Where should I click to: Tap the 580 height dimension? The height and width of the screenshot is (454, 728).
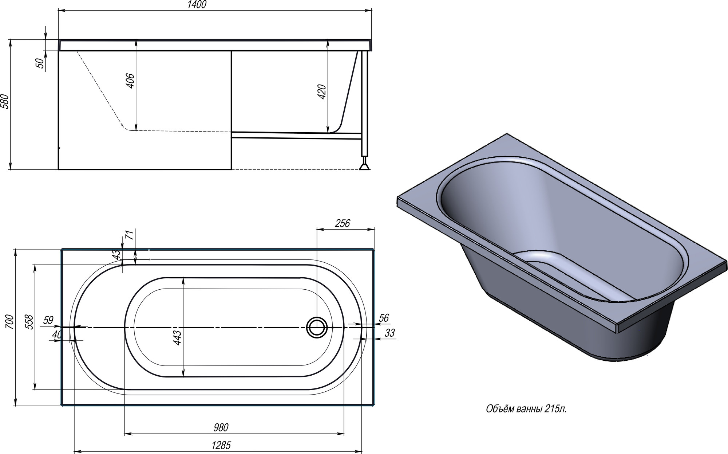5,102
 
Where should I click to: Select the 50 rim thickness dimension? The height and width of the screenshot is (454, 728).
41,63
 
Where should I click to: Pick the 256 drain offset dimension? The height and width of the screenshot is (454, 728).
342,223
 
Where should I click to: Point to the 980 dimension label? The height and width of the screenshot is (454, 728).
221,427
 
